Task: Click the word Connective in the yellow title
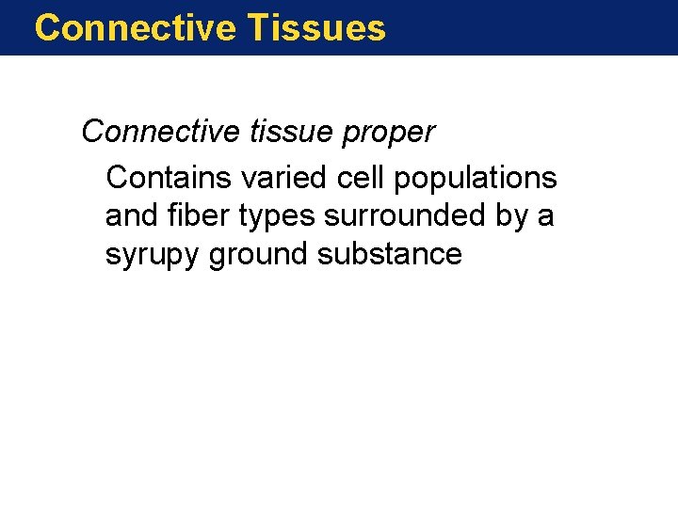(135, 28)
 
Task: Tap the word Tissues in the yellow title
(317, 28)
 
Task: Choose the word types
(276, 217)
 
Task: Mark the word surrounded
(405, 215)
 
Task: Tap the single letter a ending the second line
(546, 217)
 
